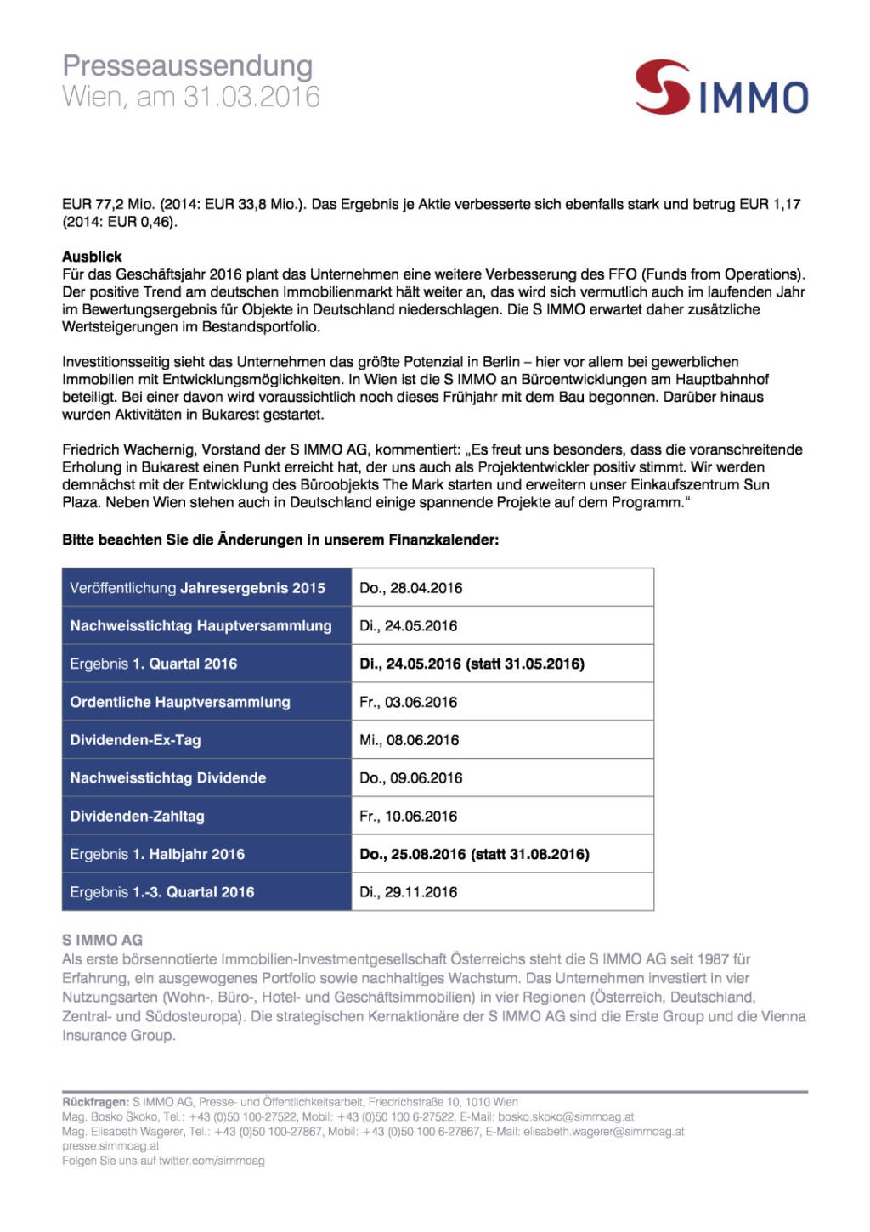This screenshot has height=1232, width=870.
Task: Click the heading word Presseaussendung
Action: [x=188, y=66]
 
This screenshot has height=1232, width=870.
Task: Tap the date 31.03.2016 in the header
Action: [x=251, y=97]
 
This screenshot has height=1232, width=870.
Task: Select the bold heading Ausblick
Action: [x=92, y=257]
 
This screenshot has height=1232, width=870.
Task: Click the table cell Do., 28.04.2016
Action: [x=410, y=588]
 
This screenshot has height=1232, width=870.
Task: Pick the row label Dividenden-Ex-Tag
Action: [x=135, y=740]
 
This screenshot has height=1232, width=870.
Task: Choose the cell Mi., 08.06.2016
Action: [x=409, y=740]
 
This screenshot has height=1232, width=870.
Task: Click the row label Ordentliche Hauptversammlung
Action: [x=180, y=702]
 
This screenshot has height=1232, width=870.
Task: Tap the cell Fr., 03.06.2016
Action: [x=408, y=702]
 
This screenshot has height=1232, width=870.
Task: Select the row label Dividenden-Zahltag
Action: [x=137, y=817]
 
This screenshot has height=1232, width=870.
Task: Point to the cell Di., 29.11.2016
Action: [x=408, y=892]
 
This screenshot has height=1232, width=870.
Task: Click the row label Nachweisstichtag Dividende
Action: [x=168, y=778]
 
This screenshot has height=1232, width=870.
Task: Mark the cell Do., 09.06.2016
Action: [x=410, y=778]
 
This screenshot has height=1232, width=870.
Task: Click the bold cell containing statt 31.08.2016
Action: [x=474, y=854]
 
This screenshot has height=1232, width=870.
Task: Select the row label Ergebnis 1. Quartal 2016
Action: [x=154, y=664]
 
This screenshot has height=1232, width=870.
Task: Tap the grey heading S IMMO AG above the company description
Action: [x=102, y=940]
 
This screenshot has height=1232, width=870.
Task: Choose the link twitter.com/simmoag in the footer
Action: [x=212, y=1161]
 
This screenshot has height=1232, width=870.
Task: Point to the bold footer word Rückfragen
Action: [x=95, y=1102]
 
